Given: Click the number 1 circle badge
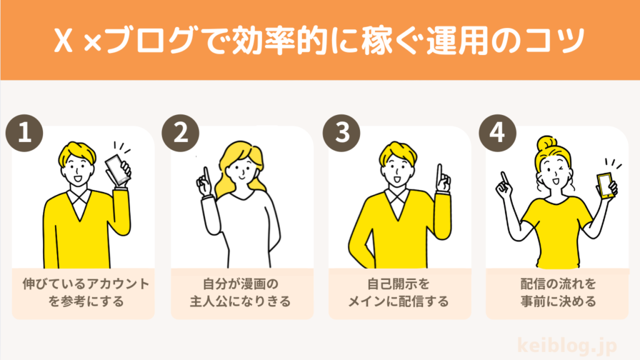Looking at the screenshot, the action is [x=24, y=133].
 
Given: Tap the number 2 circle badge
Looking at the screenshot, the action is [x=181, y=133].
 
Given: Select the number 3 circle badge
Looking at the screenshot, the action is [x=341, y=133].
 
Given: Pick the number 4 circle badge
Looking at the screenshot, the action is [x=497, y=133].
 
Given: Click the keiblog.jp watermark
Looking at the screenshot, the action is [x=567, y=346].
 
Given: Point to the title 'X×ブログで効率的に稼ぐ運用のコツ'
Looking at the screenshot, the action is [x=319, y=40].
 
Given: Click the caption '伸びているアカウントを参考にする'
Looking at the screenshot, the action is [x=86, y=292].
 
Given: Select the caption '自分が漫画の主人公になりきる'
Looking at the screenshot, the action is [x=241, y=292].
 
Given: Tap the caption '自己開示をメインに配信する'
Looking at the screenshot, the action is [x=398, y=292].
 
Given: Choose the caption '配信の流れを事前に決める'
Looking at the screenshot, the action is [x=558, y=292].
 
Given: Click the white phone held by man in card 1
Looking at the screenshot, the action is [x=117, y=169].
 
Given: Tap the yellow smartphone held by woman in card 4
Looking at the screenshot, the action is [x=605, y=185].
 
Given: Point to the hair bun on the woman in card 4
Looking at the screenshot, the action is [x=547, y=143].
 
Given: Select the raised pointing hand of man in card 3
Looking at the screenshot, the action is [x=442, y=179].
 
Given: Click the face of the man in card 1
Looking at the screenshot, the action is [x=78, y=171].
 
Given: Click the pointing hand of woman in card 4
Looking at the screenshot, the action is [x=504, y=185].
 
